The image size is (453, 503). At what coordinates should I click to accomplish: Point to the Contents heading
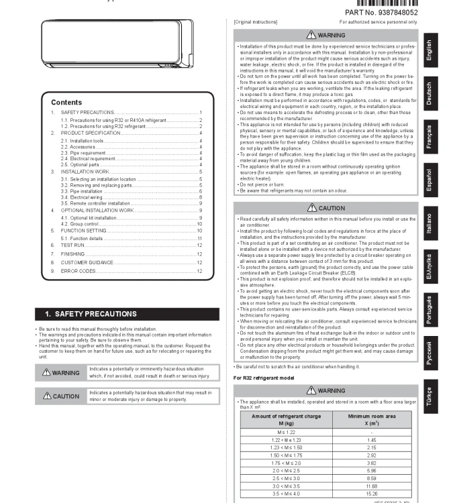coord(66,103)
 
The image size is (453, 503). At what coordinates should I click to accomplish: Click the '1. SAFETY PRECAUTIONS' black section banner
coord(127,314)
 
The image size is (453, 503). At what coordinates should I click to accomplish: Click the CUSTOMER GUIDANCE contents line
coord(87,262)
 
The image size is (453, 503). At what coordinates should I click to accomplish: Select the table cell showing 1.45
coord(371,439)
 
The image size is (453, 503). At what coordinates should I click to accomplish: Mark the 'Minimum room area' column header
coord(371,420)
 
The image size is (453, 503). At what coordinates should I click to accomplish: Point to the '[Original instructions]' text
coord(256,22)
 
